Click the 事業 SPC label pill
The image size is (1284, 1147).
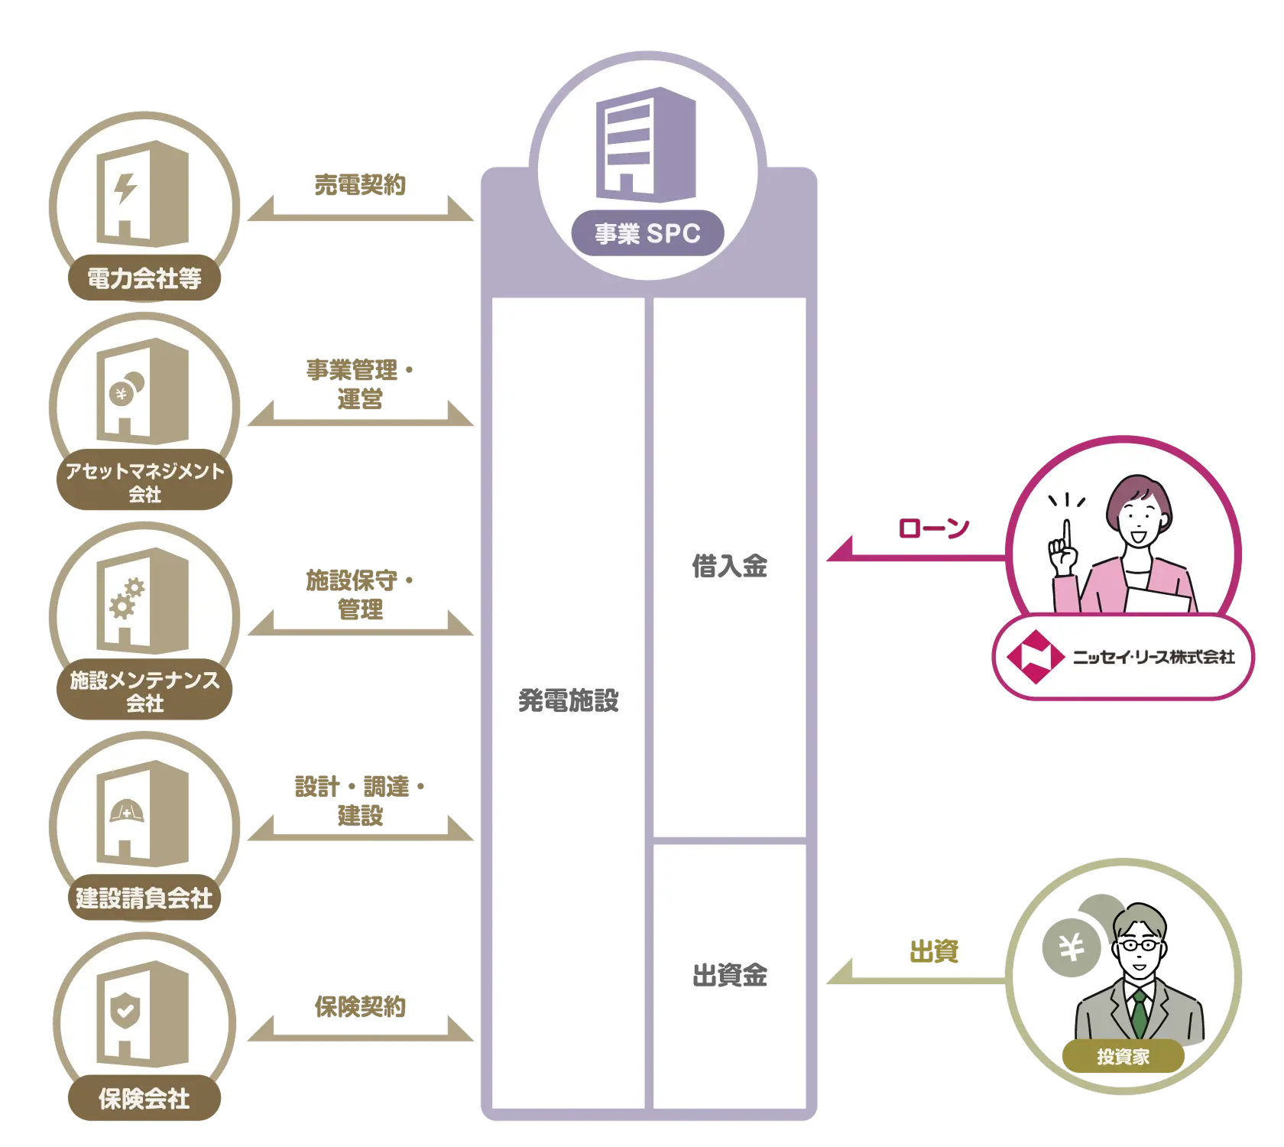pos(647,233)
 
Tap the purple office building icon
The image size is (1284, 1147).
pos(646,141)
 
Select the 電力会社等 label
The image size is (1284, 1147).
pos(144,278)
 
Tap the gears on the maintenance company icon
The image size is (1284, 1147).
pos(127,597)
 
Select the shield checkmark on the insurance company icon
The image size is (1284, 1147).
pos(125,1011)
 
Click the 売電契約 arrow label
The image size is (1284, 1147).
pos(360,184)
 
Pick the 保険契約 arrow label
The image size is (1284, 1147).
pos(360,1006)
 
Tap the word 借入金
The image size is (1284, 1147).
pos(729,567)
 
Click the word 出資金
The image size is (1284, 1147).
pos(729,975)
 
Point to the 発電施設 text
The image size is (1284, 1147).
pos(568,700)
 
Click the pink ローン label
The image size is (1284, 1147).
pos(933,528)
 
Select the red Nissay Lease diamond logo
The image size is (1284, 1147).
pos(1036,656)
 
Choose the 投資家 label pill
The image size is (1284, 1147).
pos(1123,1057)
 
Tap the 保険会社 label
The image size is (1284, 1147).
pos(144,1099)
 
